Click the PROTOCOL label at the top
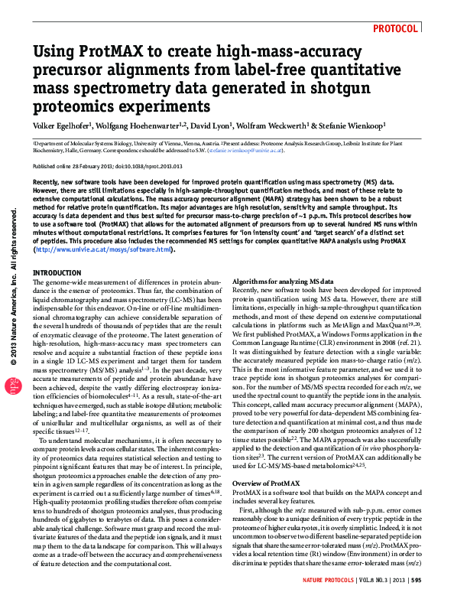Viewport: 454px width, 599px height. (x=396, y=28)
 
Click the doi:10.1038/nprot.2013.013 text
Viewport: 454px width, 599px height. (x=146, y=166)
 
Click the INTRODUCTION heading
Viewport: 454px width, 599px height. (x=57, y=273)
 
